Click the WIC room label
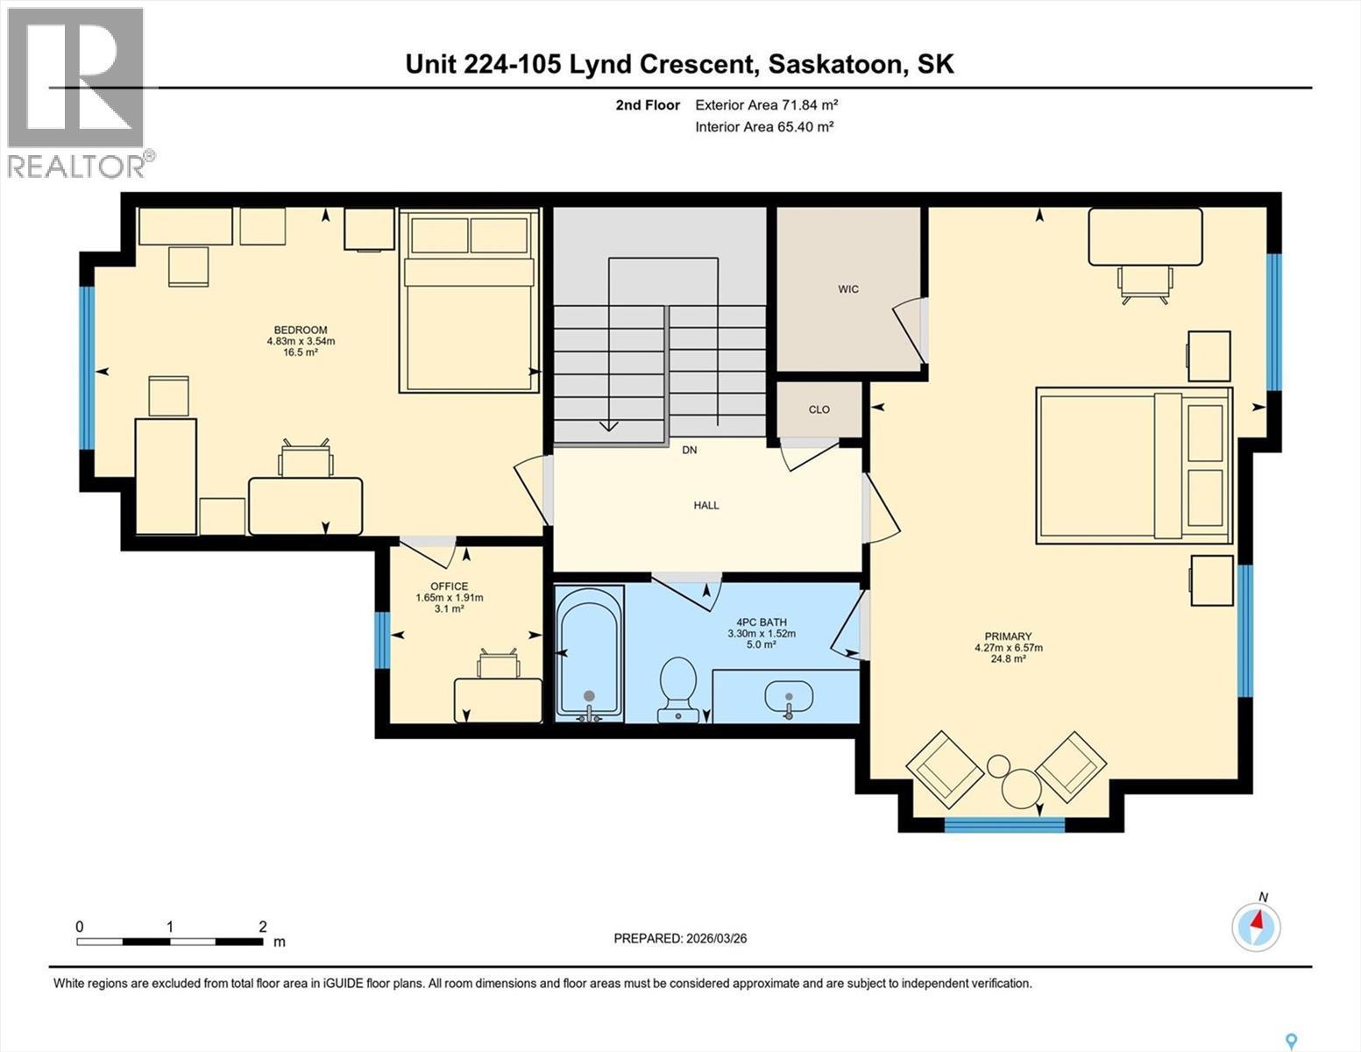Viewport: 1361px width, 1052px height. click(x=847, y=288)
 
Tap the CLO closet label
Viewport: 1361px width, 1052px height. click(x=819, y=409)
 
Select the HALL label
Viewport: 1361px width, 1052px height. click(x=706, y=505)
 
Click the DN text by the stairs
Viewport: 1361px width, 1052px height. click(x=690, y=450)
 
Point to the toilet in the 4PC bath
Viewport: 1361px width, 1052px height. click(x=678, y=688)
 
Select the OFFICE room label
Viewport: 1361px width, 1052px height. click(x=449, y=586)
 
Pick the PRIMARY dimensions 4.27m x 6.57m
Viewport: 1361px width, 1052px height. click(x=1008, y=648)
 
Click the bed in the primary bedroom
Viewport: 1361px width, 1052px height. click(x=1134, y=465)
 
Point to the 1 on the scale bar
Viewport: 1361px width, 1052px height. click(x=170, y=927)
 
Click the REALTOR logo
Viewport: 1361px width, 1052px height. click(x=77, y=92)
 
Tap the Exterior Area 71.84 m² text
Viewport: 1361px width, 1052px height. click(x=766, y=104)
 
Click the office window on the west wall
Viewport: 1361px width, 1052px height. click(x=381, y=640)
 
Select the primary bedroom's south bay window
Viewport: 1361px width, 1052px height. click(x=1004, y=824)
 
